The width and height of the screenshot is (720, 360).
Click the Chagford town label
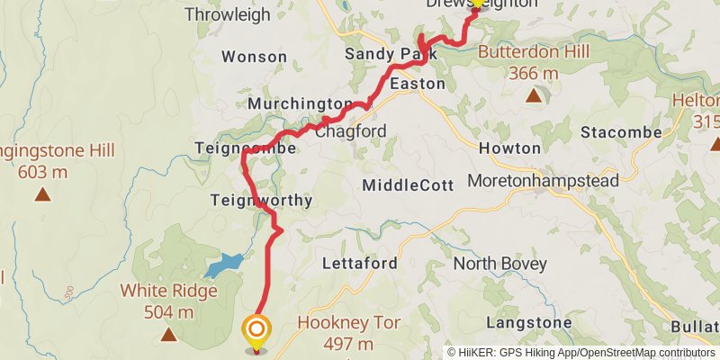point(351,132)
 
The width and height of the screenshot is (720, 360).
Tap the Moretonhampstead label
point(544,181)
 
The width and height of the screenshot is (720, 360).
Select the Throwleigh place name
point(226,14)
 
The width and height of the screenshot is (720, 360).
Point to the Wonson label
point(254,57)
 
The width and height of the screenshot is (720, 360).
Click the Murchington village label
point(300,103)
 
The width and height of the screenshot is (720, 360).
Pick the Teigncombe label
point(245,147)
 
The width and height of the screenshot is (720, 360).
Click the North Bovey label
point(499,265)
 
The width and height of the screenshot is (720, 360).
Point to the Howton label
point(509,148)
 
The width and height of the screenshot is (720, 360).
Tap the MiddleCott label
point(403,185)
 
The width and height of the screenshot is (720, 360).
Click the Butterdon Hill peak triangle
point(534,94)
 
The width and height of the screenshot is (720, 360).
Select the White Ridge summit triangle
point(168,335)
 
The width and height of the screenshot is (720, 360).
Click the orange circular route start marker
point(257,329)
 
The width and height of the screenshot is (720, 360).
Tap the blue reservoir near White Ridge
point(223,265)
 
